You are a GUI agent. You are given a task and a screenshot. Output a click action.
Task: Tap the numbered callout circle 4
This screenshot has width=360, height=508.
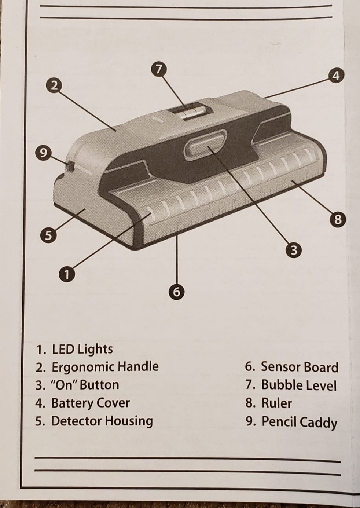(337, 76)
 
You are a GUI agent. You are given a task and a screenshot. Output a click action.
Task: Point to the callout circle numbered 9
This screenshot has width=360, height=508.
(43, 153)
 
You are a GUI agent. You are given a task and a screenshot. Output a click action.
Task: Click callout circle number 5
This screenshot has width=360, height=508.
(48, 235)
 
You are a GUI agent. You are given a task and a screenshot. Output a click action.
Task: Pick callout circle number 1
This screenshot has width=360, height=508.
(67, 274)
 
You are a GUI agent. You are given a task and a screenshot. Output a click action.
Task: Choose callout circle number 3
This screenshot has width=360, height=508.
(294, 251)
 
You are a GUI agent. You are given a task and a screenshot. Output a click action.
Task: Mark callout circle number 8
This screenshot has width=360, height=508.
(338, 219)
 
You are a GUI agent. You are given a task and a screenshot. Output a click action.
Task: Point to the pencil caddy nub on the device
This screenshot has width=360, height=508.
(71, 166)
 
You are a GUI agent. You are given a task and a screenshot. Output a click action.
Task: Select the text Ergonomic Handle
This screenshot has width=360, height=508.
(105, 367)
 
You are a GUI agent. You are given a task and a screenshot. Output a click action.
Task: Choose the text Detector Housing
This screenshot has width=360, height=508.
(102, 421)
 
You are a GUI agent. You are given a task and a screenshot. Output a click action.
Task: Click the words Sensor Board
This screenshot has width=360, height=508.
(300, 367)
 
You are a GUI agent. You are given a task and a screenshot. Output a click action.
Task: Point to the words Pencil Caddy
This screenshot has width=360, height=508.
(299, 422)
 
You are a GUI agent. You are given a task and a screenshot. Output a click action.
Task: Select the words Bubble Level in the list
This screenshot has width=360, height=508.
(299, 385)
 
